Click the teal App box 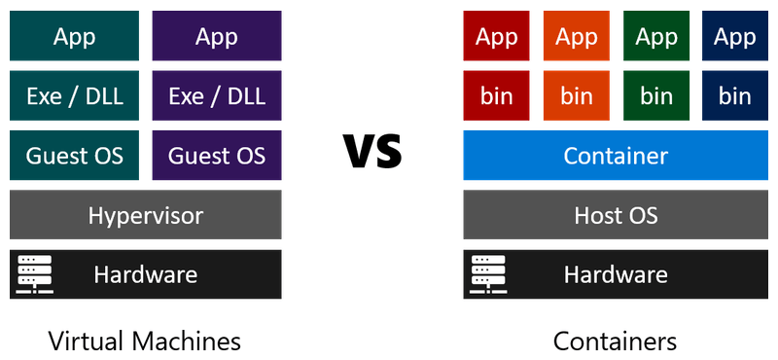coord(74,37)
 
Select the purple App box coord(217,37)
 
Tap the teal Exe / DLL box coord(74,96)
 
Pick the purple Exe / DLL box coord(217,96)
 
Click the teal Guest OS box coord(74,156)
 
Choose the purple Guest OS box coord(217,156)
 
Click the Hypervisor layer coord(146,215)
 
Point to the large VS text coord(372,153)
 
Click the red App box coord(497,37)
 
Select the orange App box coord(577,37)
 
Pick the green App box coord(656,37)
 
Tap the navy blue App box coord(735,37)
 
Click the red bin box coord(497,96)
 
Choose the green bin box coord(656,96)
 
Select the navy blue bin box coord(735,96)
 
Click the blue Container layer coord(617,156)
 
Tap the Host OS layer coord(617,215)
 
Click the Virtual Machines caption coord(145,342)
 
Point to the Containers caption coord(616,342)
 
